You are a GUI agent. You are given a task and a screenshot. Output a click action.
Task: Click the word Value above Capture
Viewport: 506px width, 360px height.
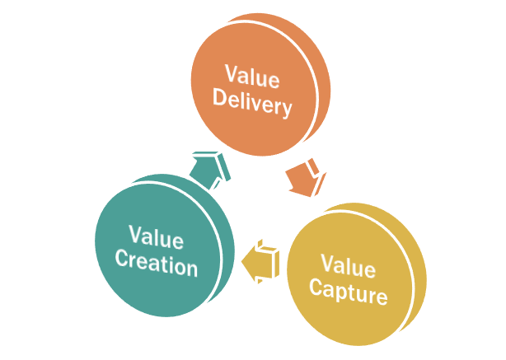click(x=347, y=265)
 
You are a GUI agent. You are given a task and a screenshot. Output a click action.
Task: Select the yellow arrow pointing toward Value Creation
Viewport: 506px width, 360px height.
click(x=263, y=260)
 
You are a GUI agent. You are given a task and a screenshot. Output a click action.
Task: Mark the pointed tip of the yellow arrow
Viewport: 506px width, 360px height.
click(x=245, y=263)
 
